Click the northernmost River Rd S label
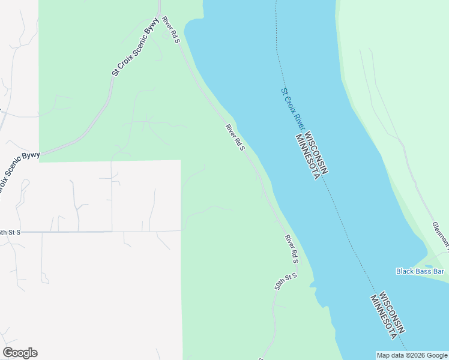pyautogui.click(x=171, y=34)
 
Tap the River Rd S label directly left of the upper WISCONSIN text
pyautogui.click(x=235, y=137)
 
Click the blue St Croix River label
pyautogui.click(x=292, y=109)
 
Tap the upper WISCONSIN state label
pyautogui.click(x=316, y=154)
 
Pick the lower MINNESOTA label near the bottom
pyautogui.click(x=382, y=316)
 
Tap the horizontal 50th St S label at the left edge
pyautogui.click(x=10, y=232)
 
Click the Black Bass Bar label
pyautogui.click(x=420, y=271)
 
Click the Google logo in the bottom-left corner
pyautogui.click(x=20, y=353)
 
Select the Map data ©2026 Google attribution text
pyautogui.click(x=411, y=355)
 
